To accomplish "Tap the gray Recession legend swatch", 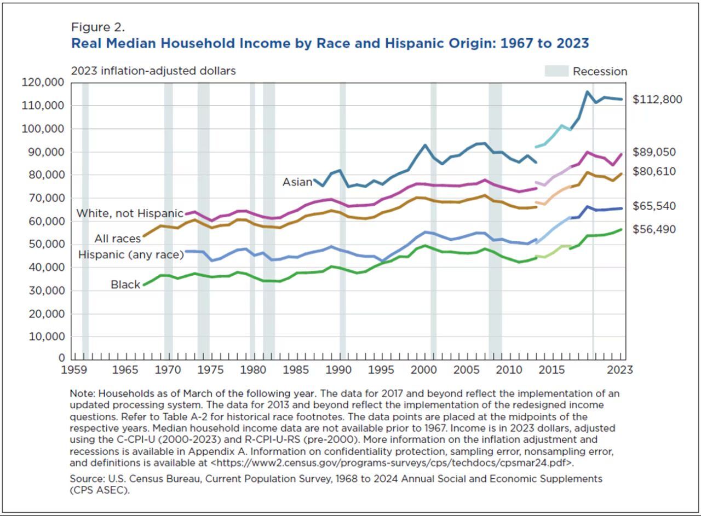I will [555, 71].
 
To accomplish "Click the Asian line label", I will [297, 182].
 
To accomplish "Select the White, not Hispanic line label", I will [130, 213].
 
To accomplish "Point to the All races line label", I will [117, 239].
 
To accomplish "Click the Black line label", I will [125, 285].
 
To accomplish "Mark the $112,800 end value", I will [657, 100].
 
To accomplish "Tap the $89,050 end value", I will [654, 152].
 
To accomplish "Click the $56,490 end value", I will [654, 229].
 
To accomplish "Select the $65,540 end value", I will [654, 206].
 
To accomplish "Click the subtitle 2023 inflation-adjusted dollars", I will [153, 71].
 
